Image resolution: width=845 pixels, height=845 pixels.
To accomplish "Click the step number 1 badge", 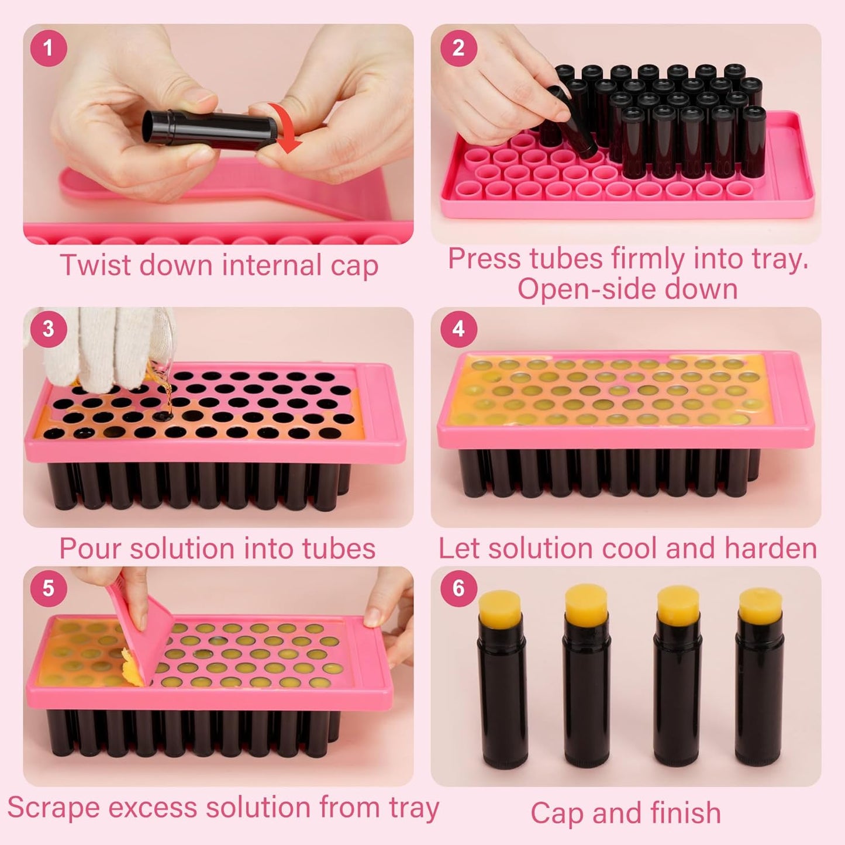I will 49,47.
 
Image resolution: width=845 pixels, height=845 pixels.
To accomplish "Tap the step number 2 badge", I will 458,47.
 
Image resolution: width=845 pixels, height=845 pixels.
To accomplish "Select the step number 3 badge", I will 49,329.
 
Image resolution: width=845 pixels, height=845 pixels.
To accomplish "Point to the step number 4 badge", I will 458,329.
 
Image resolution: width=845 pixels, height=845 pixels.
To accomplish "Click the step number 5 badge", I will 49,588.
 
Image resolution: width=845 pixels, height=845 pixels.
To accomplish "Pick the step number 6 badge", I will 458,588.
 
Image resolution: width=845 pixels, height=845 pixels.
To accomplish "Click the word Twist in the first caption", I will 95,265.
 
